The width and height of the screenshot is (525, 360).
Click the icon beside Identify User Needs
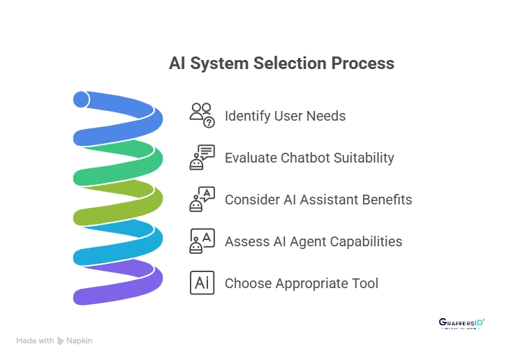point(202,115)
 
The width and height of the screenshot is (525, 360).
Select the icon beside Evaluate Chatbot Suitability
point(202,158)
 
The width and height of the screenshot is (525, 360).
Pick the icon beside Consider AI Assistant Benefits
point(202,200)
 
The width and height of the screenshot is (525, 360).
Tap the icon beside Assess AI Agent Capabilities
point(202,241)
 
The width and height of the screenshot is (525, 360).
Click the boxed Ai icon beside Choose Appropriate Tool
point(202,283)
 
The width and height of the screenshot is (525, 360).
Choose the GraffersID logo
point(461,323)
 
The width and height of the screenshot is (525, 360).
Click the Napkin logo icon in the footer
point(61,341)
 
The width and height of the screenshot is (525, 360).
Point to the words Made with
point(35,341)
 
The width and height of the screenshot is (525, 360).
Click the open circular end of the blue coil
point(81,100)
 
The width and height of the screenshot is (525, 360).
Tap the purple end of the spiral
point(84,296)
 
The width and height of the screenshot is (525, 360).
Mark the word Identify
point(246,116)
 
